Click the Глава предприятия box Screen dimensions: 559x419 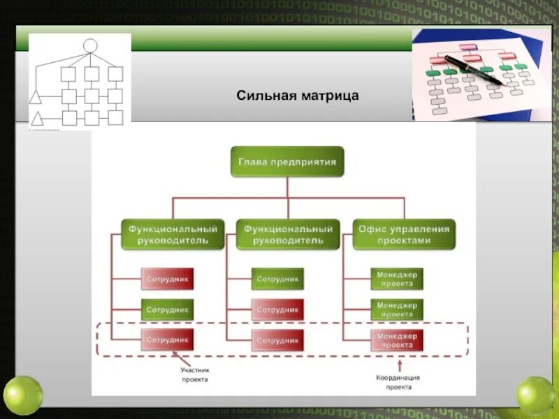pyautogui.click(x=287, y=161)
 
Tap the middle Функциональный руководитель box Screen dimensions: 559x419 pyautogui.click(x=287, y=234)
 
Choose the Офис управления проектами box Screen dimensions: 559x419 pyautogui.click(x=404, y=234)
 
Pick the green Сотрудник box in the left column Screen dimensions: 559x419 pyautogui.click(x=168, y=309)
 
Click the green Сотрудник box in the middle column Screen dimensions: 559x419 pyautogui.click(x=277, y=279)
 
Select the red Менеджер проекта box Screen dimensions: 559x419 pyautogui.click(x=397, y=340)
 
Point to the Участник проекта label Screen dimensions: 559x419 pyautogui.click(x=195, y=375)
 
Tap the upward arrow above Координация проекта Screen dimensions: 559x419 pyautogui.click(x=398, y=365)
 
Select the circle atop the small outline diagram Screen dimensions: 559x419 pyautogui.click(x=89, y=46)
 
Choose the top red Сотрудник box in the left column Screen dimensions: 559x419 pyautogui.click(x=168, y=279)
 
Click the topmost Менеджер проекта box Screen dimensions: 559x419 pyautogui.click(x=397, y=279)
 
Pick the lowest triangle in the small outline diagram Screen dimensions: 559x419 pyautogui.click(x=36, y=118)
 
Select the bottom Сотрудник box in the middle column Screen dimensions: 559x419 pyautogui.click(x=277, y=340)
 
